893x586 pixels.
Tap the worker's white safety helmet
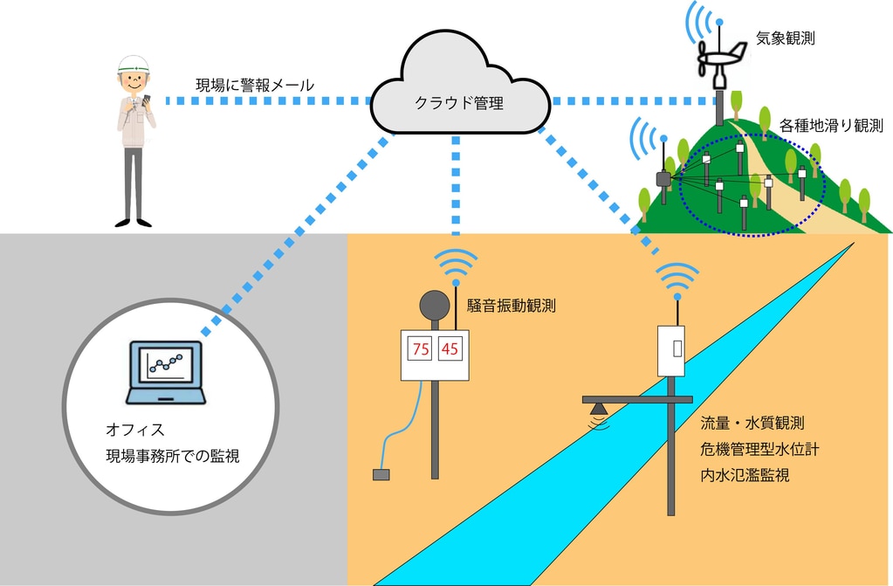134,64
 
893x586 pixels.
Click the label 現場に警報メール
255,86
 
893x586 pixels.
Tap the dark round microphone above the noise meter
435,306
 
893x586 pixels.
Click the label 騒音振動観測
511,306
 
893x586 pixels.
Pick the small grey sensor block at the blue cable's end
381,475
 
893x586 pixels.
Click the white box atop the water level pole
673,350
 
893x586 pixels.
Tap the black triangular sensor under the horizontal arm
597,409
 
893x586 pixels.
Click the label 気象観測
786,38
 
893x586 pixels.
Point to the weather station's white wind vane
721,60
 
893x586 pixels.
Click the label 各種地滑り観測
831,125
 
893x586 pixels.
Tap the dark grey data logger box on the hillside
663,179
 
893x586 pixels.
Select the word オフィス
135,431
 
